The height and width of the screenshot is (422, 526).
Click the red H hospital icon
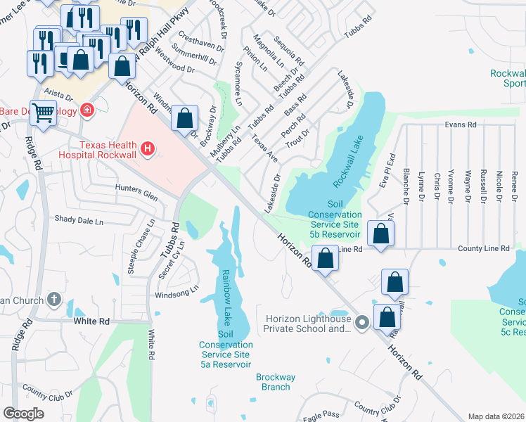[x=148, y=148]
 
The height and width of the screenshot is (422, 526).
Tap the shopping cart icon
[x=44, y=113]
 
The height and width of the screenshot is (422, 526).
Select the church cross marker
[x=53, y=300]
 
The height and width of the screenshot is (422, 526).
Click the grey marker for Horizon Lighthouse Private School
[x=362, y=323]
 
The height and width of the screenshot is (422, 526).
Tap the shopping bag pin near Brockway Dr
[x=185, y=120]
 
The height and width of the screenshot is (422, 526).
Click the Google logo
[x=24, y=414]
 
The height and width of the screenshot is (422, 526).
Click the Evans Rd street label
[x=461, y=124]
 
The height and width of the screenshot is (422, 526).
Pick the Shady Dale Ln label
[x=79, y=221]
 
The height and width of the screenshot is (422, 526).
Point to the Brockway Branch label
[x=273, y=382]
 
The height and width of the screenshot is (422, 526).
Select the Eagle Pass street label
[x=321, y=415]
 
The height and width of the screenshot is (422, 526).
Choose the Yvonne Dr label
[x=451, y=186]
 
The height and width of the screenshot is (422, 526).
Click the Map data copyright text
[x=496, y=416]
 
